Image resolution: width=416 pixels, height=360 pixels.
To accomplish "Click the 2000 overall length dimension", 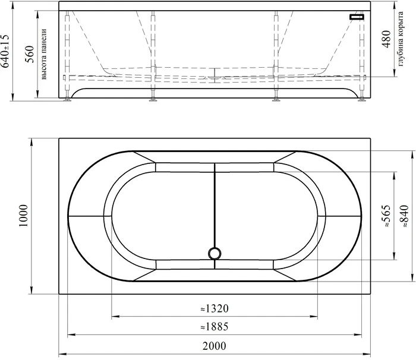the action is (x=215, y=346).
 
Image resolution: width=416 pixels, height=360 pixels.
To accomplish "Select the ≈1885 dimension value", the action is (x=215, y=327).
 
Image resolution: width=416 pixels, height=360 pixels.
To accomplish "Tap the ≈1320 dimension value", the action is (x=215, y=308).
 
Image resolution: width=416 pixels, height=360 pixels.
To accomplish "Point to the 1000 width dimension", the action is (x=23, y=216).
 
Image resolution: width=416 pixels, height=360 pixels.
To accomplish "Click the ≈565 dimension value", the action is (x=386, y=216).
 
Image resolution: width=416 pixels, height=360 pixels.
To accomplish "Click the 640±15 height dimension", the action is (x=6, y=51).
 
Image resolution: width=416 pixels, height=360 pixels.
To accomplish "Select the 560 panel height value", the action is (x=30, y=54).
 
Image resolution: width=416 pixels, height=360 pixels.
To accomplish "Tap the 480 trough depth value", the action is (x=386, y=39).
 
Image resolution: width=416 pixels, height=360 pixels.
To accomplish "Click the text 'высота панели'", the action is (x=43, y=54).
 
